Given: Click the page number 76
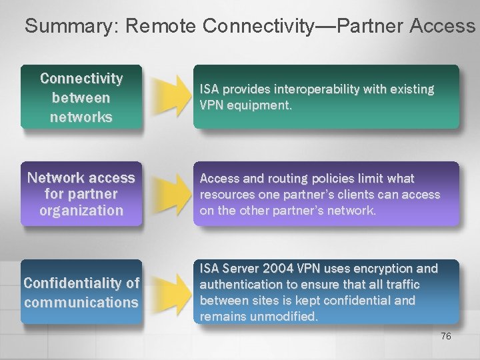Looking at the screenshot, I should (x=446, y=336).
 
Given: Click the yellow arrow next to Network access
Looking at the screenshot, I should (x=170, y=194).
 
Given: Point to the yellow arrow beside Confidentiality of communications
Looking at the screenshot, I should (x=170, y=291).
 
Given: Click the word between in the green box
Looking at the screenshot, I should (x=81, y=98).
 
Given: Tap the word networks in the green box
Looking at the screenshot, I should (x=81, y=117).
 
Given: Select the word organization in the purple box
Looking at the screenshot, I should (x=81, y=211).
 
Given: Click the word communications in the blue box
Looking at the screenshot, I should (x=81, y=302).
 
